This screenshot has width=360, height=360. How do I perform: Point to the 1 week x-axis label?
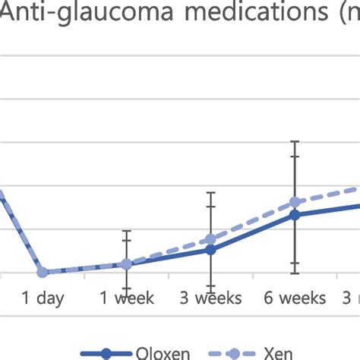point(127,298)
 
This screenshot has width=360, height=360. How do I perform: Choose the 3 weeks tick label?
point(211,298)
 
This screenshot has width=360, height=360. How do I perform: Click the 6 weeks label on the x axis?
point(295,298)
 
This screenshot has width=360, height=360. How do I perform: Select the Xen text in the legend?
point(278,353)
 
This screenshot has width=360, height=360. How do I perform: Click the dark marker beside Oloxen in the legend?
point(106,353)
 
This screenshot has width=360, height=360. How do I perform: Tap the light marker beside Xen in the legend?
point(235,353)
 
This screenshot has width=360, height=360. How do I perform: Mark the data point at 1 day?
point(43,272)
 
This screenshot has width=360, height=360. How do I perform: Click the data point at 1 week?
point(127,264)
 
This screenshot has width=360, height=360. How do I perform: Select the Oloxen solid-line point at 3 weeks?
point(211,249)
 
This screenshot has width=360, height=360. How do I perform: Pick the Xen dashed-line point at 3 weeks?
point(211,239)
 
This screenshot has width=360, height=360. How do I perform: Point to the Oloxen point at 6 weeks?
point(295,215)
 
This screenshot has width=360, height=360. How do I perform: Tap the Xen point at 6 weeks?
point(295,203)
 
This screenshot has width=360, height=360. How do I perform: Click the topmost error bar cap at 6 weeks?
point(295,141)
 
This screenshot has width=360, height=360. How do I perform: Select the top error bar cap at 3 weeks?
point(211,193)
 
